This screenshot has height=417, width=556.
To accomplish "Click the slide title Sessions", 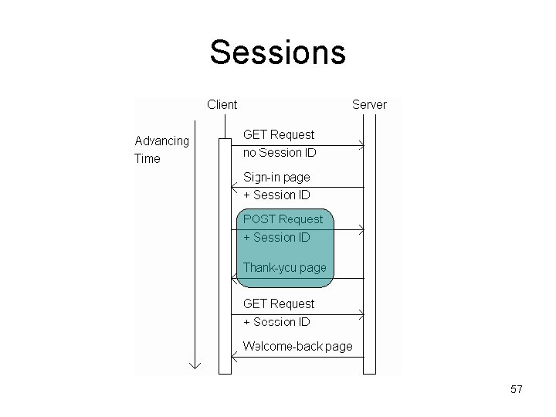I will point(277,53).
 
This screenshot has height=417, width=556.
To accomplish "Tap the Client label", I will point(222,104).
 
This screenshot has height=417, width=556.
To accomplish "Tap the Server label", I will point(369,104).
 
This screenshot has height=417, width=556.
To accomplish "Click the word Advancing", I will point(161,141).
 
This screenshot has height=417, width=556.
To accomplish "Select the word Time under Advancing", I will point(147,158).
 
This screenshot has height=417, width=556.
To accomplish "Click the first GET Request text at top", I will point(279,134).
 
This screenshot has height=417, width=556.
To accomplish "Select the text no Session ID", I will point(280,152).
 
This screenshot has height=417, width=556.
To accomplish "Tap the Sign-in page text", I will point(276,177).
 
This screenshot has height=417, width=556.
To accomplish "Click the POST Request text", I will point(283,219).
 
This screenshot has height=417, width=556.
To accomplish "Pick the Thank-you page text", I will point(284,267).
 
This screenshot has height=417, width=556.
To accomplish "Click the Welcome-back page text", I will point(297,346).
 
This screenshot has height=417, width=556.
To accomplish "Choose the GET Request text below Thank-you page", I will point(279,303).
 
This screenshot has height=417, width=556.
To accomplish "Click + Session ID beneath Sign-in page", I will point(276,195).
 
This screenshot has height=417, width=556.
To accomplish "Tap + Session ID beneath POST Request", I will point(276,237).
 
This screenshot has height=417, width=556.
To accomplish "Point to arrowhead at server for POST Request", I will point(361,230).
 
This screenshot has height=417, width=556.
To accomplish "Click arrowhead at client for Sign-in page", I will point(235,188).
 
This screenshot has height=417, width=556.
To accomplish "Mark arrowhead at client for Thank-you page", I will point(235,278).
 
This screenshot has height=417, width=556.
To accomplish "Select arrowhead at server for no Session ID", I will point(361,145).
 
